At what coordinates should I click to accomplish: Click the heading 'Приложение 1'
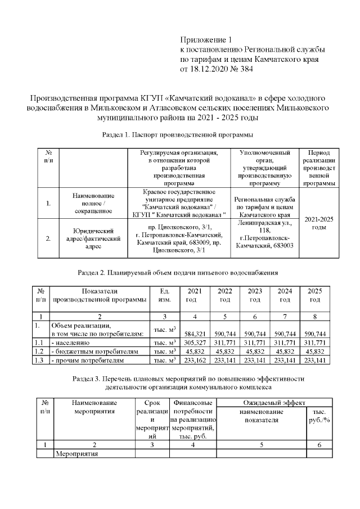pyautogui.click(x=205, y=39)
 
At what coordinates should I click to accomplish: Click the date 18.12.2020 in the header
pyautogui.click(x=211, y=70)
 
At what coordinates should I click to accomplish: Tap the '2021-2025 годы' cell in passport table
pyautogui.click(x=319, y=223)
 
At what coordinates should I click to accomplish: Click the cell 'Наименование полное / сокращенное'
pyautogui.click(x=93, y=203)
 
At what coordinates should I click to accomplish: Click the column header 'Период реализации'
pyautogui.click(x=319, y=168)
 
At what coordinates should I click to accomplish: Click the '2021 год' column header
pyautogui.click(x=193, y=295)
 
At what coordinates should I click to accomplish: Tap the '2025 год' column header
pyautogui.click(x=315, y=295)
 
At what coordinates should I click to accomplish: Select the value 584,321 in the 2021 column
pyautogui.click(x=193, y=334)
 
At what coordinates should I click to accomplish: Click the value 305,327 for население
pyautogui.click(x=193, y=342)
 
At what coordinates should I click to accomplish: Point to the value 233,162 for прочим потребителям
pyautogui.click(x=193, y=360)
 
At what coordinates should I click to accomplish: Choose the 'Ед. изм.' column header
pyautogui.click(x=165, y=295)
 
